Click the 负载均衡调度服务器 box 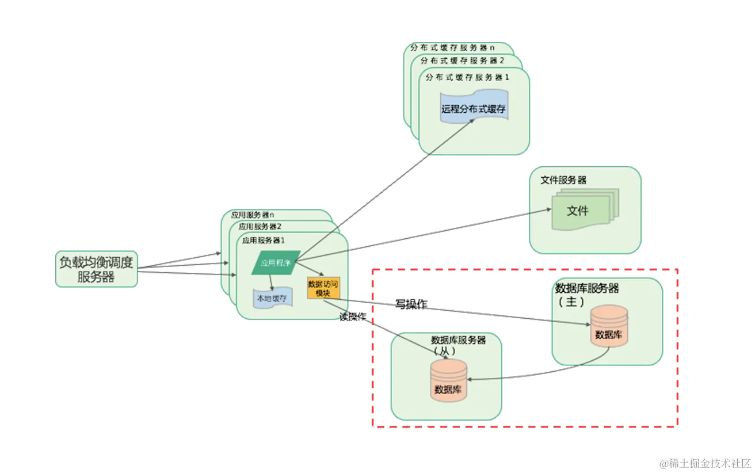[97, 269]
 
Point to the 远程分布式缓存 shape [474, 108]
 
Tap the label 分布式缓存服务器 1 [467, 77]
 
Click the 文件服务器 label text [563, 180]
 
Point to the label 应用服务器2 [260, 227]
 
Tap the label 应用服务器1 [264, 240]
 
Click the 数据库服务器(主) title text [586, 293]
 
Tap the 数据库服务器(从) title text [458, 344]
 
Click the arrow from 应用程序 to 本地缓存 [271, 281]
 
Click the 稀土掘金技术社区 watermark [706, 463]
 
